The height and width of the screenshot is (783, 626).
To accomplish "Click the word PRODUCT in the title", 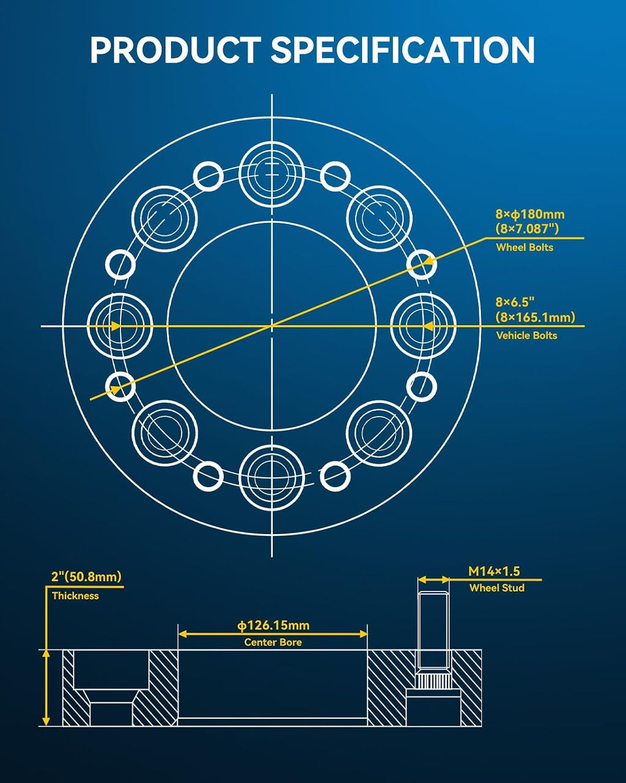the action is pyautogui.click(x=175, y=50).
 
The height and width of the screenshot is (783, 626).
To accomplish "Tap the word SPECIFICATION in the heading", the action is pyautogui.click(x=403, y=50).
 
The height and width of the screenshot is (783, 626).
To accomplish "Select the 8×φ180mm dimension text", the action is pyautogui.click(x=530, y=214).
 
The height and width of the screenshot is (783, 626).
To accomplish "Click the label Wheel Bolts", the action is pyautogui.click(x=525, y=247).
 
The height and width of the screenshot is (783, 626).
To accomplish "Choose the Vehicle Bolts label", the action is pyautogui.click(x=526, y=335).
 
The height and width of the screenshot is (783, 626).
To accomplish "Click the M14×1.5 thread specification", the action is pyautogui.click(x=494, y=571).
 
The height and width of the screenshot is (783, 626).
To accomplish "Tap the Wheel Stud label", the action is pyautogui.click(x=496, y=588).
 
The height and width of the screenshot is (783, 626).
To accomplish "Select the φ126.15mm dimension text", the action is pyautogui.click(x=273, y=626).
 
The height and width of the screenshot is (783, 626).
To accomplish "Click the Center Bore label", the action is pyautogui.click(x=273, y=642).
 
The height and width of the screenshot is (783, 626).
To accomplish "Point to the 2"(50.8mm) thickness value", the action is pyautogui.click(x=86, y=576).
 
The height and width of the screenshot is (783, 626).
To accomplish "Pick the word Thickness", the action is pyautogui.click(x=75, y=596).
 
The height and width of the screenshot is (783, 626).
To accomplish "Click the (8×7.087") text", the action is pyautogui.click(x=527, y=229).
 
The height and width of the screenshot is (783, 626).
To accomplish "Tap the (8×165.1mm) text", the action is pyautogui.click(x=535, y=317).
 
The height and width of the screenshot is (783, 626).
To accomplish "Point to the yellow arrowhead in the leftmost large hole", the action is pyautogui.click(x=115, y=326).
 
